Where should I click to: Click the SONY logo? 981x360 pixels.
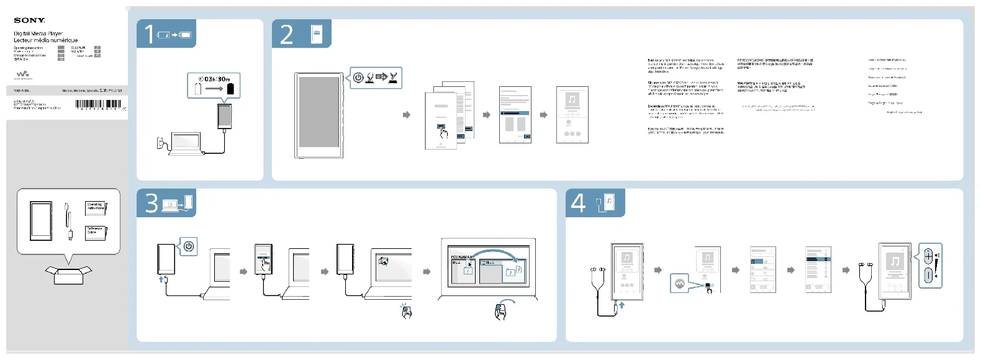pos(29,20)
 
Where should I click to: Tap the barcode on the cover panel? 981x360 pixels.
pos(100,104)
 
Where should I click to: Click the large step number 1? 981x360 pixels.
pos(149,34)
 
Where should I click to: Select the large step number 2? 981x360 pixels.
pos(286,35)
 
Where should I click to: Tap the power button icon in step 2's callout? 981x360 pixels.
pos(358,78)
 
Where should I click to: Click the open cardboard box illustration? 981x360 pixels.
pos(68,274)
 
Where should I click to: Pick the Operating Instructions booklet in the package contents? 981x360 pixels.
pos(96,207)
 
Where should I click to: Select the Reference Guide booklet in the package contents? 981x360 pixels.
pos(96,232)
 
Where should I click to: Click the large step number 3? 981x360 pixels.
pos(151,204)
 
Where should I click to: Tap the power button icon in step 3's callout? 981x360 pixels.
pos(189,246)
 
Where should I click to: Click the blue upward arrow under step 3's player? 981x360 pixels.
pos(161,280)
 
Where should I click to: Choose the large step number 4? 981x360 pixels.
pos(578,203)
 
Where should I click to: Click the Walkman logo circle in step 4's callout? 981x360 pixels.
pos(680,284)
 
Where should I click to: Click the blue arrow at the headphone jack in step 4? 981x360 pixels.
pos(622,305)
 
